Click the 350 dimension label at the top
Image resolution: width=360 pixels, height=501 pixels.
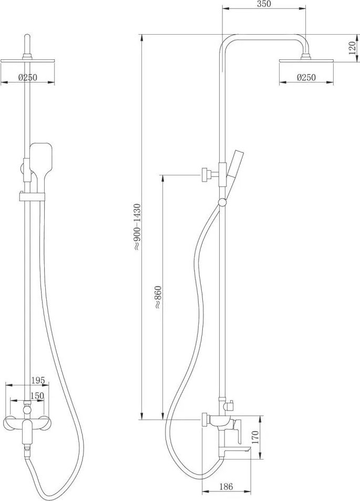264,4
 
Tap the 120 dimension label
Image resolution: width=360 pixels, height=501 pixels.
352,48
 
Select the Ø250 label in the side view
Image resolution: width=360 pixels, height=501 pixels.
306,77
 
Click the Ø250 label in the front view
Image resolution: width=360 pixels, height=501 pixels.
28,77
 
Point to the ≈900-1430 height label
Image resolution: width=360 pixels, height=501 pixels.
137,226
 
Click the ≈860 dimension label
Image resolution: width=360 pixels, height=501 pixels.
158,297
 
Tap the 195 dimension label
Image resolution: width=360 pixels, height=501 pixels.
38,380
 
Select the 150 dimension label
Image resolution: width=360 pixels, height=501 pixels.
37,395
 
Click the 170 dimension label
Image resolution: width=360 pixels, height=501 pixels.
255,437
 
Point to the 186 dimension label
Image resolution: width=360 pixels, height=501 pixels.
226,486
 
